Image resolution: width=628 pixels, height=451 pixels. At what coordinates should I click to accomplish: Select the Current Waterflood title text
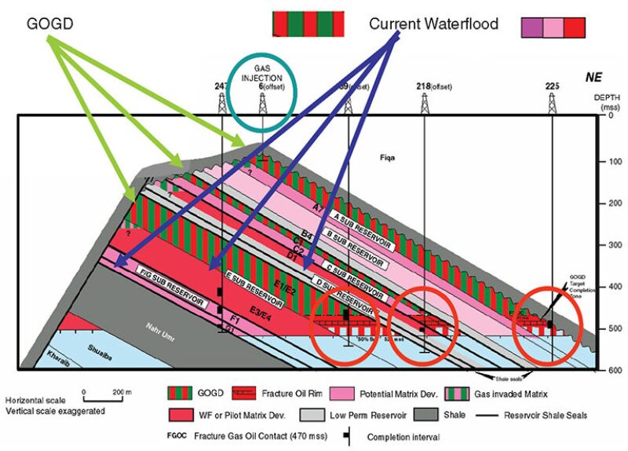(433, 24)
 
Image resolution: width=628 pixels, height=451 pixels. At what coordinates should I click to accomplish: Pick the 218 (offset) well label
(430, 86)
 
